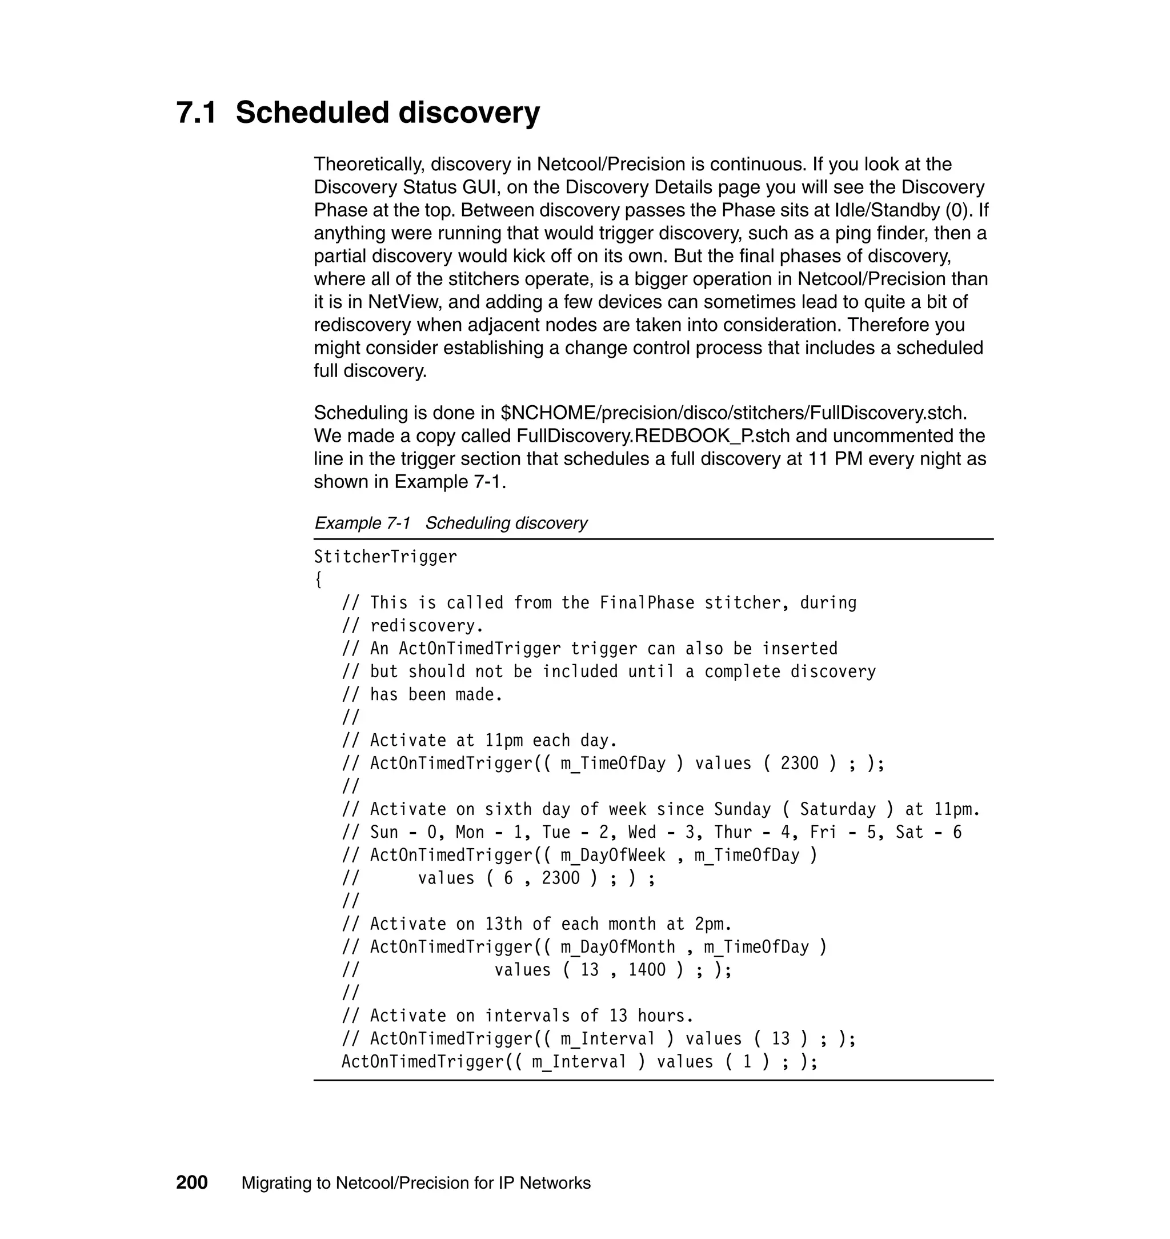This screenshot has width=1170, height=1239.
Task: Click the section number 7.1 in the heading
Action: [197, 113]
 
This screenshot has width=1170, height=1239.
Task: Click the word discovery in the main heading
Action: [469, 113]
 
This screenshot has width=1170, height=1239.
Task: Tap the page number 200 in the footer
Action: [191, 1183]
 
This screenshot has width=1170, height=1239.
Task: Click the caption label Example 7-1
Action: [362, 523]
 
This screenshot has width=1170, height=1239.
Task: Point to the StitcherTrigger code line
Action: [386, 557]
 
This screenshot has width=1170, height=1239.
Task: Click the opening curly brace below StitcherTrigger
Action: [318, 579]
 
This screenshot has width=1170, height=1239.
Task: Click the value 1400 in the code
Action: [647, 969]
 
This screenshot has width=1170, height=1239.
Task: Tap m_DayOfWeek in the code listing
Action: [613, 855]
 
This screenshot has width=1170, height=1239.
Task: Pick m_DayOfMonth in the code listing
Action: [618, 946]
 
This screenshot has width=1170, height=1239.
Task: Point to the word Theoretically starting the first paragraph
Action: [368, 164]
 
